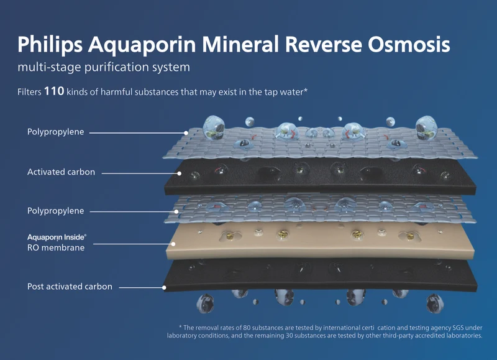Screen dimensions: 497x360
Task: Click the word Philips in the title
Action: [50, 44]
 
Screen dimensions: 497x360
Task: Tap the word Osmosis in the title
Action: [409, 44]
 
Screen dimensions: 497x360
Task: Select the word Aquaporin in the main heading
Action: [142, 45]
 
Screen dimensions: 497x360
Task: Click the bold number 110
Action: [54, 91]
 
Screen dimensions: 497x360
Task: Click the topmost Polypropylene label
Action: [55, 132]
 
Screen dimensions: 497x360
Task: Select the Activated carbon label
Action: [61, 172]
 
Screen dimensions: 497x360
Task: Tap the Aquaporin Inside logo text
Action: [57, 238]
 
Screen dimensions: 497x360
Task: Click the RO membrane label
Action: [56, 247]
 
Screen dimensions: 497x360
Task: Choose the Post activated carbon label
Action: [70, 287]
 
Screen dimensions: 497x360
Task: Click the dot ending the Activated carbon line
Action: [180, 173]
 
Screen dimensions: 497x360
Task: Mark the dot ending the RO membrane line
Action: [173, 244]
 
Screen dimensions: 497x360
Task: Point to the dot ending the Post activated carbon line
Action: [164, 288]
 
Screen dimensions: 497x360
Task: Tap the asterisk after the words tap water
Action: [306, 90]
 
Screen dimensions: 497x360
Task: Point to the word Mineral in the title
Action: [240, 44]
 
